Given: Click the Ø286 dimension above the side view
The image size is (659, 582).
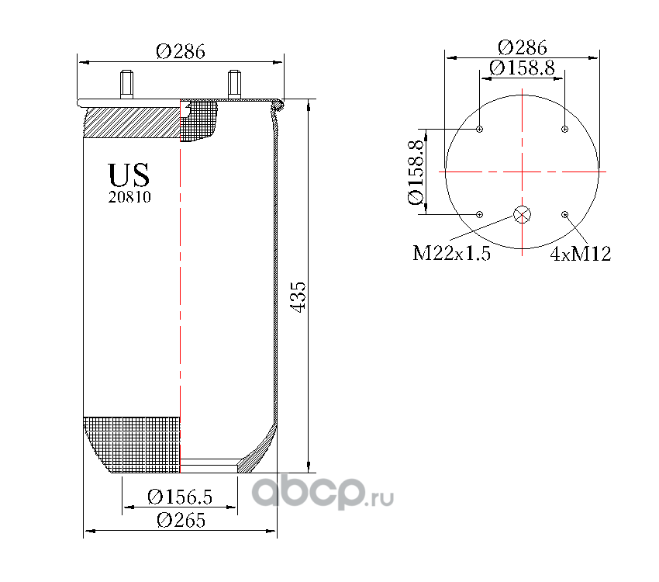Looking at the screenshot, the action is pyautogui.click(x=181, y=52).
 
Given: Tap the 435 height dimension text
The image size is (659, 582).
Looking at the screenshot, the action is pyautogui.click(x=298, y=297).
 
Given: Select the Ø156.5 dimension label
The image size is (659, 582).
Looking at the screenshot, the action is pyautogui.click(x=180, y=497).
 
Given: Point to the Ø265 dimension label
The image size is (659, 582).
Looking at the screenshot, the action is pyautogui.click(x=181, y=520).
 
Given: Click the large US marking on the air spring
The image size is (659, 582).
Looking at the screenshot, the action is pyautogui.click(x=129, y=175).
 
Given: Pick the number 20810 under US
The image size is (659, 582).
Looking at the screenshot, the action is pyautogui.click(x=129, y=197).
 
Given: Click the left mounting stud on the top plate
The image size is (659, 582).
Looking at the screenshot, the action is pyautogui.click(x=126, y=84).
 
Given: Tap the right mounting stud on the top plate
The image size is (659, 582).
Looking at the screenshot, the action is pyautogui.click(x=234, y=84).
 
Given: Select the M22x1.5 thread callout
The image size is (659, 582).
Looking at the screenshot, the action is pyautogui.click(x=451, y=253).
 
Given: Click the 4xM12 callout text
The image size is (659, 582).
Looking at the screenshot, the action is pyautogui.click(x=581, y=254).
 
